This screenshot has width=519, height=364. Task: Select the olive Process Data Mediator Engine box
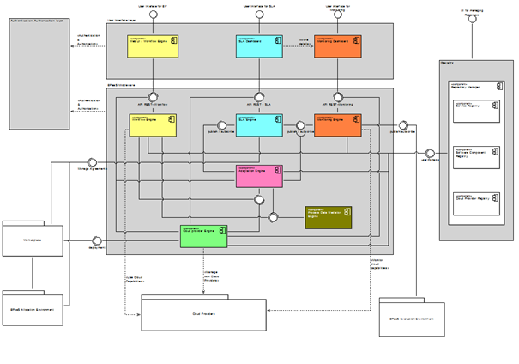328,217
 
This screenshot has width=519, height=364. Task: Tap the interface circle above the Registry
471,23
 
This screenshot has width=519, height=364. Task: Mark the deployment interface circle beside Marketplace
97,241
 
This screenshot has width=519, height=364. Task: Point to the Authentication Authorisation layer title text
39,20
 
